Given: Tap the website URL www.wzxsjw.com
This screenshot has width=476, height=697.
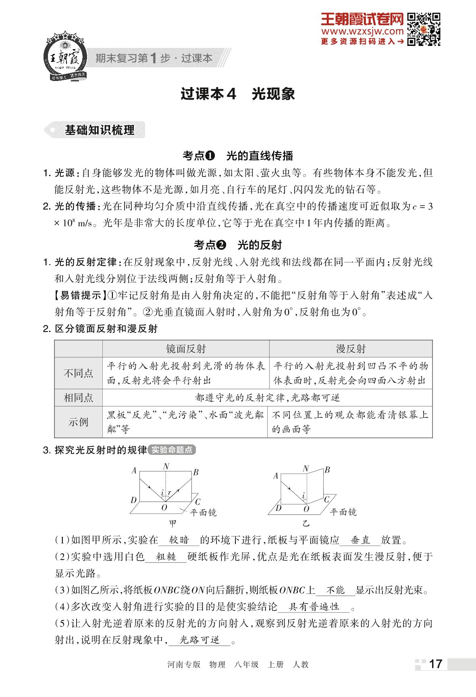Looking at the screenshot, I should pos(362,31).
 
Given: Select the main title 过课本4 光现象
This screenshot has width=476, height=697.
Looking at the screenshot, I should pos(238,94).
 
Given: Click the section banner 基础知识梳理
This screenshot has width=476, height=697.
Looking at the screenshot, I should pos(99,130).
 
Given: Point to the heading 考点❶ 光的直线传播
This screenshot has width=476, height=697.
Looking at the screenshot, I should pos(238,156).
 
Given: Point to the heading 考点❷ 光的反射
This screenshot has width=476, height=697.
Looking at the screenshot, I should pos(238,245).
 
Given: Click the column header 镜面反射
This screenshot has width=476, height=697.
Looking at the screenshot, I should pos(186,348).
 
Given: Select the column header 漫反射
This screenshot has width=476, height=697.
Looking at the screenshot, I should pos(351,348).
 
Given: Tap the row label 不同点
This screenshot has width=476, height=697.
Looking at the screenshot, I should pos(78,373).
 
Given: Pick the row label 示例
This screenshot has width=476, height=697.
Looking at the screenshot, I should pos(78,422).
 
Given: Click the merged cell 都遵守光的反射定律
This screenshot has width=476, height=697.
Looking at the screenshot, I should pos(267,398).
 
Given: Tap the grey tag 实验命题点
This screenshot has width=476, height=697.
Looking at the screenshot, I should pos(172,450).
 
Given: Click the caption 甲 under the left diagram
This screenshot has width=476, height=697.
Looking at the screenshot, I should pos(173,523).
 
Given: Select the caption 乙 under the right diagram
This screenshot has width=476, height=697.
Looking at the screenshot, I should pos(306,523).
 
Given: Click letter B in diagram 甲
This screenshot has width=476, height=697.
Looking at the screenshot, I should pos(196,472).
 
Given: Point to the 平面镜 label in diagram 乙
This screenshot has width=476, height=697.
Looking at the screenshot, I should pos(343,512).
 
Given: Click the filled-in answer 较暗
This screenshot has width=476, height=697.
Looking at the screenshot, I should pos(179,540).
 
